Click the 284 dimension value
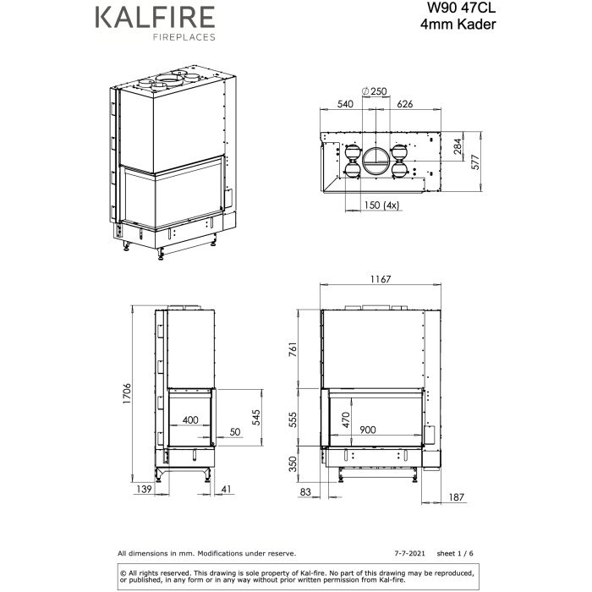[x=458, y=149]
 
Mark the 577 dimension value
[x=475, y=162]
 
